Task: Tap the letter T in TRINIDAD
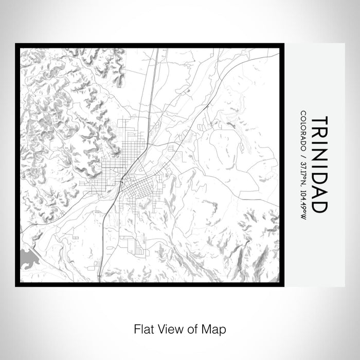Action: [319, 121]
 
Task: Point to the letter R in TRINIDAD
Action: [319, 135]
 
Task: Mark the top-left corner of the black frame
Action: [16, 45]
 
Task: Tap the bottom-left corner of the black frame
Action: [16, 285]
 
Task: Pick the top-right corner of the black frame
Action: [283, 45]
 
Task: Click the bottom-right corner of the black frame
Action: [283, 285]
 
